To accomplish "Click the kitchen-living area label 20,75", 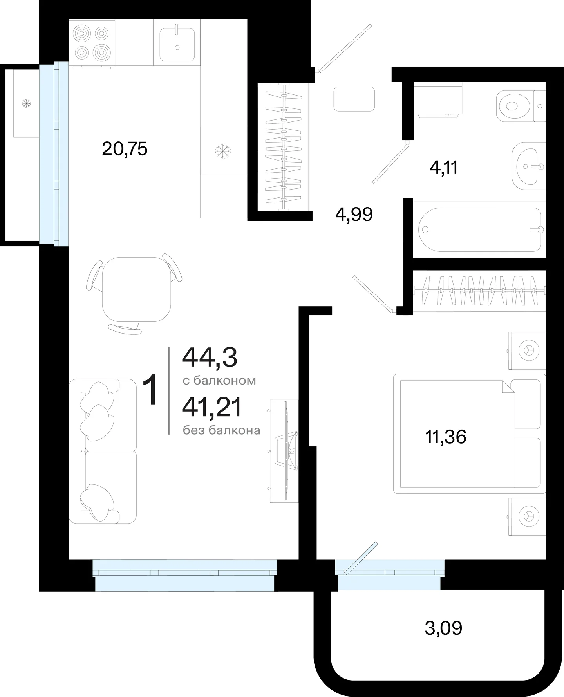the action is (x=125, y=149).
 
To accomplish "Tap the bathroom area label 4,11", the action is (x=444, y=168).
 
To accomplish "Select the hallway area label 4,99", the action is (x=354, y=215).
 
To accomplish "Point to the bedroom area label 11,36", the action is (x=446, y=437).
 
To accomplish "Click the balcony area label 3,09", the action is (x=443, y=628).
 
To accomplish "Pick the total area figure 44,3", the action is (x=210, y=358).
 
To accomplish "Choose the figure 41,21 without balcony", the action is (x=212, y=408).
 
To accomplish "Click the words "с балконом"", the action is (x=219, y=381).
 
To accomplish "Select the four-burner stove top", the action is (x=92, y=42).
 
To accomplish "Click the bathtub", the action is (x=480, y=229).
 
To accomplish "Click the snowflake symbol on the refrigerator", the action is (x=223, y=151).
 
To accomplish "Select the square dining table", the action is (x=137, y=289).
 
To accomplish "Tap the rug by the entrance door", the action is (x=354, y=99).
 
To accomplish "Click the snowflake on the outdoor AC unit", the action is (x=27, y=104).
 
